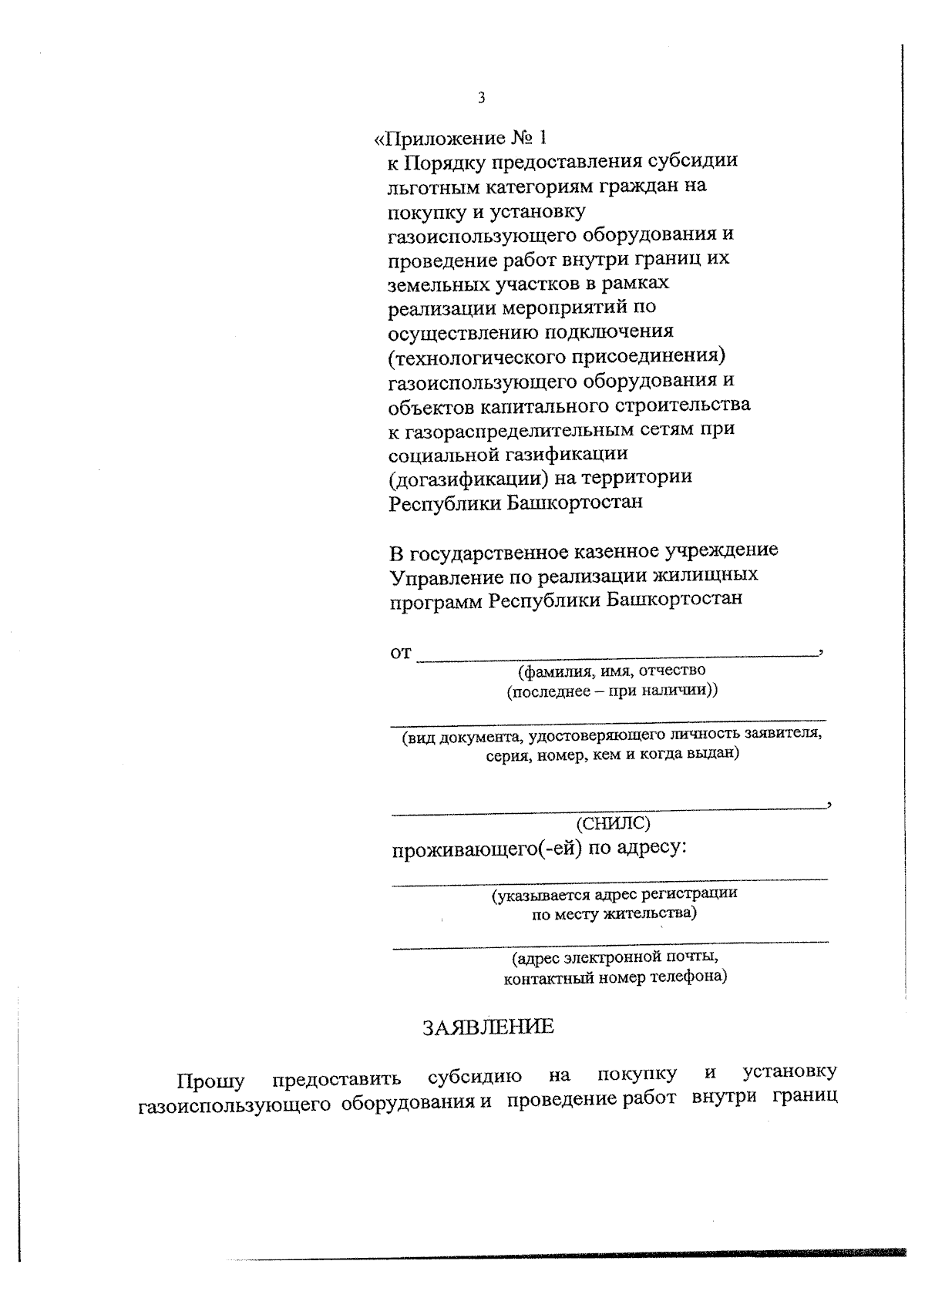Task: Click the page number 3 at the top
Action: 482,98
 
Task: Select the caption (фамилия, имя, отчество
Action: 612,671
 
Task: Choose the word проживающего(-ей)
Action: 486,849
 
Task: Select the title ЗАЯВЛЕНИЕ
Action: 488,1027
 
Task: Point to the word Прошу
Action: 210,1081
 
